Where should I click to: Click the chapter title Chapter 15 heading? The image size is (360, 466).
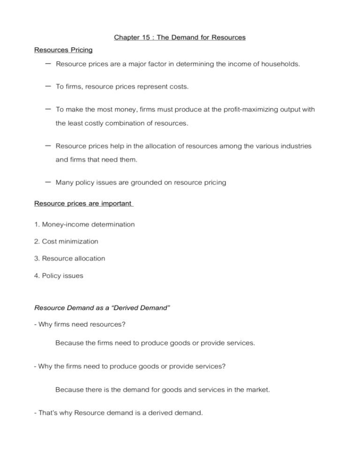coord(180,38)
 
